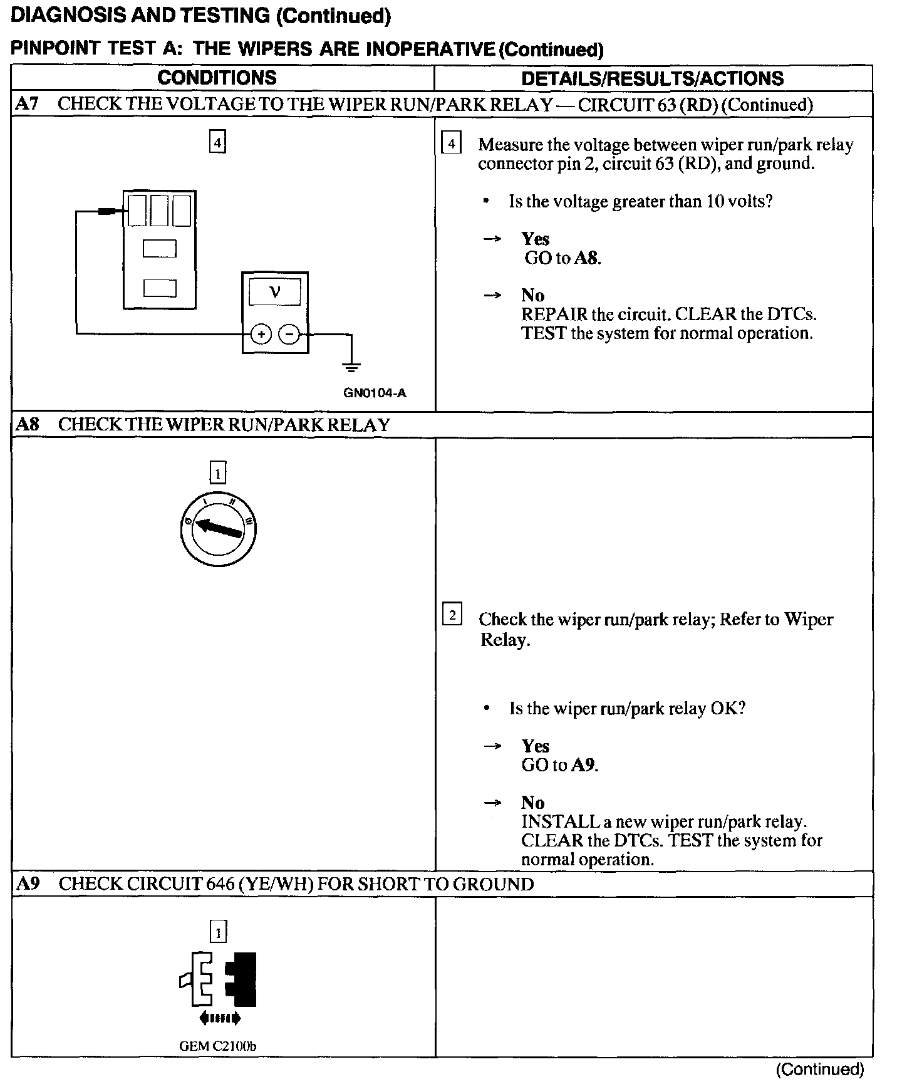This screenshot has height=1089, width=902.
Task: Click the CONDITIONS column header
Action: click(x=217, y=78)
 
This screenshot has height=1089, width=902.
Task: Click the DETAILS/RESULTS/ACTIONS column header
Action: click(x=652, y=78)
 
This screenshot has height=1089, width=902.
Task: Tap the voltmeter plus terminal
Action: click(x=261, y=335)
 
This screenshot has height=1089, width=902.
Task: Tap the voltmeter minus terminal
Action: click(x=289, y=335)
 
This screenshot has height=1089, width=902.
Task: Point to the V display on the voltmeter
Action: click(x=274, y=292)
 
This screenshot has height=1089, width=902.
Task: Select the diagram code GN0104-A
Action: click(x=375, y=393)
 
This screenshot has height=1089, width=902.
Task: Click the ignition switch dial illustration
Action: click(x=217, y=529)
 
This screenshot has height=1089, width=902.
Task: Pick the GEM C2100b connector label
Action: click(x=217, y=1046)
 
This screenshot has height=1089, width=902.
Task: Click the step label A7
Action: click(x=27, y=104)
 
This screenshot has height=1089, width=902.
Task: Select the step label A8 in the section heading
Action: click(x=28, y=425)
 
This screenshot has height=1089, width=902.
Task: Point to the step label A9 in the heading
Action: click(x=28, y=884)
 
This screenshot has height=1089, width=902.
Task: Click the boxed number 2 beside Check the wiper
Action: click(x=452, y=615)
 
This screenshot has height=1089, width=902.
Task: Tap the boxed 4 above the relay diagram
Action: click(x=217, y=142)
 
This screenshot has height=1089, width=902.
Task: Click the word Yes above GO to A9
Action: click(x=536, y=746)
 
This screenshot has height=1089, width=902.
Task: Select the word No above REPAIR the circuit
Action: click(x=533, y=295)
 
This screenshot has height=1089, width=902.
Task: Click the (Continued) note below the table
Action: click(x=819, y=1069)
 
